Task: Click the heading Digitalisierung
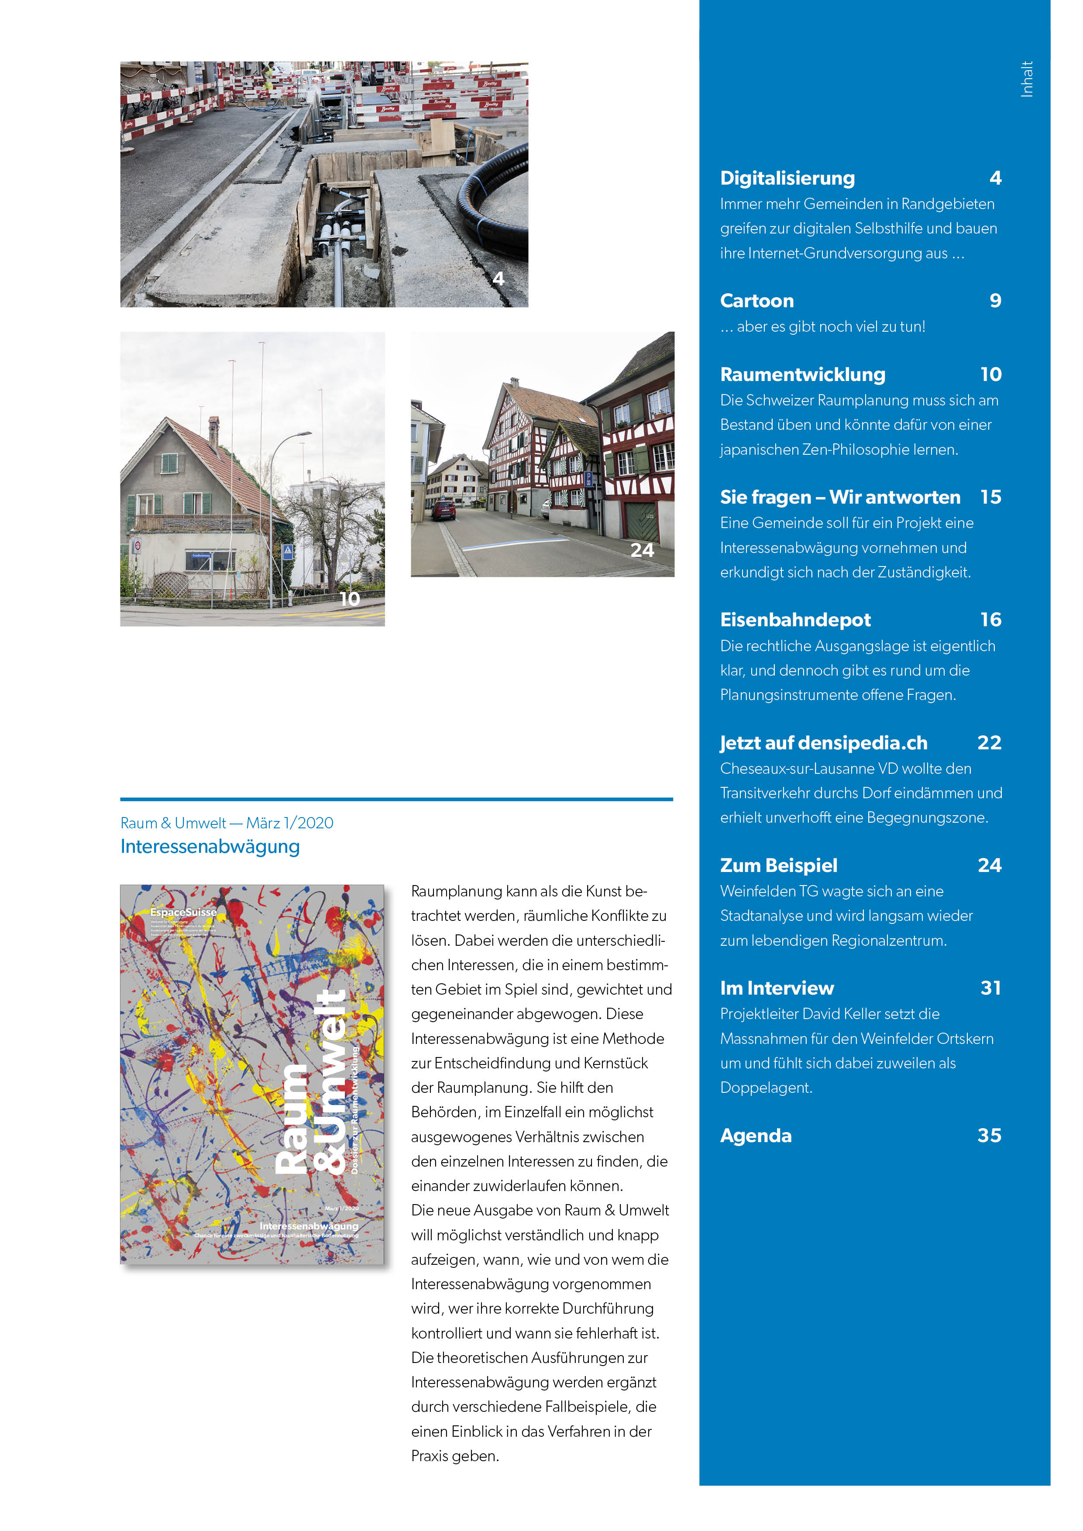click(787, 178)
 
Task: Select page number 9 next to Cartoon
click(995, 301)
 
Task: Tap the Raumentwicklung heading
click(802, 375)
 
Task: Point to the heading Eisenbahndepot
click(795, 620)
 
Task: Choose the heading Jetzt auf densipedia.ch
click(824, 743)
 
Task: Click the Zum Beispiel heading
click(778, 865)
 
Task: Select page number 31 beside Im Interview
click(990, 988)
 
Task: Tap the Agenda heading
click(756, 1136)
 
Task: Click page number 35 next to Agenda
click(990, 1136)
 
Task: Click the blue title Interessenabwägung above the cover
click(210, 847)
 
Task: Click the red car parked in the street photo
click(444, 510)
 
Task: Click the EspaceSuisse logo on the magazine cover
click(183, 912)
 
